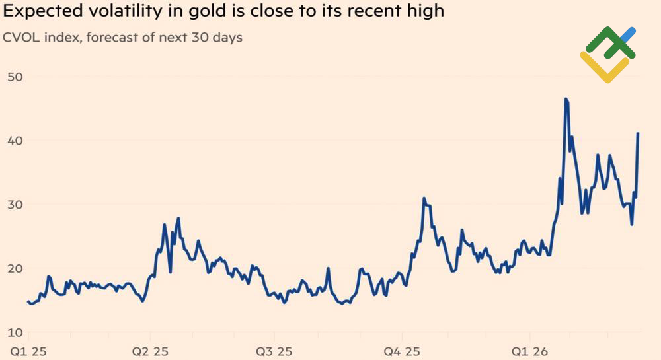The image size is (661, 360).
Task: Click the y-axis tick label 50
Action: pos(15,77)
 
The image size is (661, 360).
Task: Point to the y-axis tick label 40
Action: pos(15,141)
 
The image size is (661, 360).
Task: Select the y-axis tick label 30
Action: pos(15,205)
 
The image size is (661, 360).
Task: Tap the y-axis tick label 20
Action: pos(15,268)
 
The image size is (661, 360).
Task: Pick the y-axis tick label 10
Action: pos(15,332)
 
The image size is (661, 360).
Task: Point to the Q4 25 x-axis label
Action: pos(402,351)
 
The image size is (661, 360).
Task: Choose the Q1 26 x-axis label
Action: pos(527,351)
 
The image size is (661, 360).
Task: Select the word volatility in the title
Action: pos(115,13)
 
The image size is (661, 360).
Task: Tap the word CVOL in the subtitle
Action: pos(20,38)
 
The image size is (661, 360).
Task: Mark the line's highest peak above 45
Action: pos(566,99)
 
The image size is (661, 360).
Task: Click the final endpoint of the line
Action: pos(638,133)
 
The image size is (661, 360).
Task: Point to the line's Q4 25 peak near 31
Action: pos(424,198)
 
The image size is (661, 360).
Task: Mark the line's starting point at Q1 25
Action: pos(28,301)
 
